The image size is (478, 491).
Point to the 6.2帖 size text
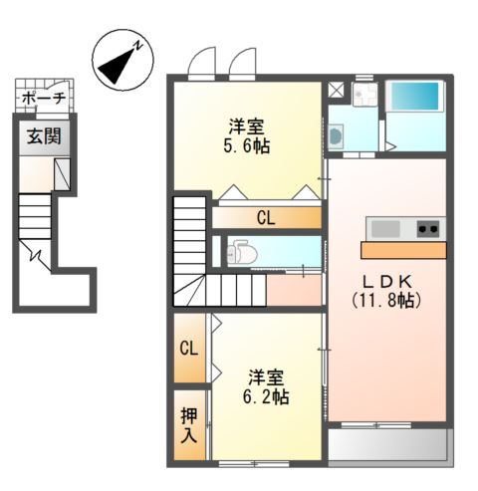(268, 396)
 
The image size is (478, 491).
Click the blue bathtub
(414, 98)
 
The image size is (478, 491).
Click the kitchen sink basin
(386, 228)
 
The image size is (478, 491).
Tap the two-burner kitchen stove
(428, 228)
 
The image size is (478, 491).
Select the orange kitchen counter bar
(403, 249)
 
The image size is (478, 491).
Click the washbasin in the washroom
(336, 136)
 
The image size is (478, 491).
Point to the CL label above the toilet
(266, 217)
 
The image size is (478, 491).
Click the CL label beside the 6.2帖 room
(188, 349)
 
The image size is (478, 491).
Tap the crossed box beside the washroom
(336, 89)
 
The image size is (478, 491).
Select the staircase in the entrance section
(34, 213)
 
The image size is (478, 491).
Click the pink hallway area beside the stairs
(294, 290)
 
